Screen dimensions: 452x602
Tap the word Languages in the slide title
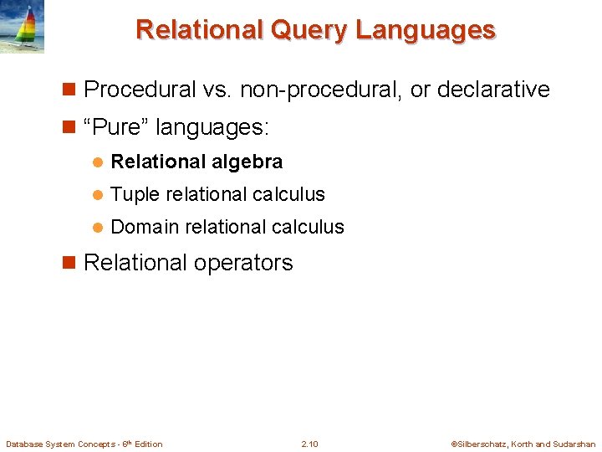pos(426,30)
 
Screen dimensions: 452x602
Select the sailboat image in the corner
pos(23,27)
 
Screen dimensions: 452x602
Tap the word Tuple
pos(135,194)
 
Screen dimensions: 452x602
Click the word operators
pos(244,263)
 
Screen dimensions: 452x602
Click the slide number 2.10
pos(309,444)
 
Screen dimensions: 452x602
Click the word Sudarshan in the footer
pos(574,444)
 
